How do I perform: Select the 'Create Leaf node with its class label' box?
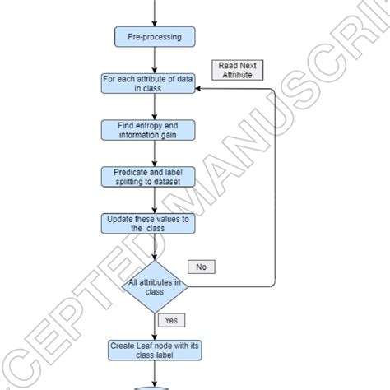[x=154, y=350]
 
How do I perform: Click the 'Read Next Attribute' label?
[x=237, y=69]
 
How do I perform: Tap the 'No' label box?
[x=201, y=267]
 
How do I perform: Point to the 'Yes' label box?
[x=171, y=320]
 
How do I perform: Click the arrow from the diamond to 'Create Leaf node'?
[x=154, y=326]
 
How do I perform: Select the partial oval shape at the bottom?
[x=154, y=385]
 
